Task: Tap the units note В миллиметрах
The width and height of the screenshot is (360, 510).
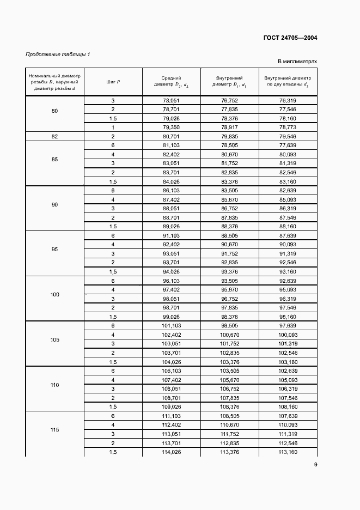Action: coord(297,62)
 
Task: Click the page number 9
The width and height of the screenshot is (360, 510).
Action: coord(315,464)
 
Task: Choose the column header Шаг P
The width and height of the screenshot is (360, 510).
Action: coord(113,82)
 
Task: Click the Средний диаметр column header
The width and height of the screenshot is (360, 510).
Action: coord(171,82)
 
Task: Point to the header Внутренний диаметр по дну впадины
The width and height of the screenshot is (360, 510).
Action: coord(288,82)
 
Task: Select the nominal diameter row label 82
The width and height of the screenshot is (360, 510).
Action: coord(54,136)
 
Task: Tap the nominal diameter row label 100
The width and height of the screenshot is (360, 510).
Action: coord(54,295)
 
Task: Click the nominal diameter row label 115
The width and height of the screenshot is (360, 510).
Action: coord(54,430)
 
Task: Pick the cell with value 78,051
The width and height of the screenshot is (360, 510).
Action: coord(171,101)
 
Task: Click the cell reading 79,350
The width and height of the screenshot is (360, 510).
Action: coord(171,127)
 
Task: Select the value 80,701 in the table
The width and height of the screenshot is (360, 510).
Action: coord(171,136)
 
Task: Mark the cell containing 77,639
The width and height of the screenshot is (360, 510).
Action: coord(288,145)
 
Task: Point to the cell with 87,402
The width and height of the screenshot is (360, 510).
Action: coord(171,199)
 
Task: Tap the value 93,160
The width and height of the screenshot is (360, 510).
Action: coord(288,271)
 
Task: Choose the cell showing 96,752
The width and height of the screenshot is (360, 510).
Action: coord(229,299)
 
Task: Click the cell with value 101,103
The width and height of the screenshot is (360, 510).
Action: coord(171,326)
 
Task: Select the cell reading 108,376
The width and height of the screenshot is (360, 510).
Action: coord(229,406)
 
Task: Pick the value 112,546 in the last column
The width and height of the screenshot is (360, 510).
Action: coord(288,443)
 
